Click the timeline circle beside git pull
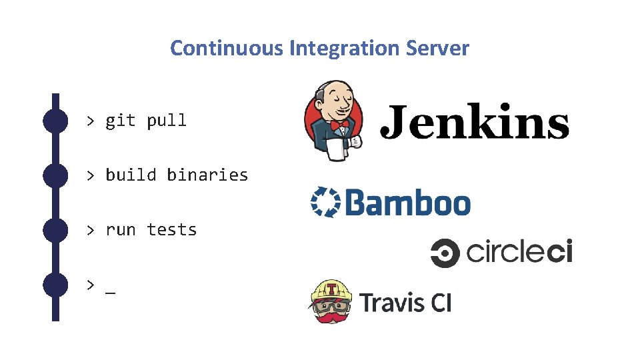click(x=55, y=121)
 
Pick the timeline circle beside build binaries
click(x=55, y=175)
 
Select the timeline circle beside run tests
click(x=55, y=230)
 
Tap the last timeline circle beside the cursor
click(x=55, y=285)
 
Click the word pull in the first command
click(x=167, y=121)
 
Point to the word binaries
click(x=207, y=175)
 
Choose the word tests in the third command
click(x=172, y=230)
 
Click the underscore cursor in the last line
click(x=110, y=292)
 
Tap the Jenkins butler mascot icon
click(x=333, y=121)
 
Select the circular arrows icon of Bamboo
click(x=325, y=202)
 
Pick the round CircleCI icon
click(x=445, y=253)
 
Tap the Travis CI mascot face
click(x=332, y=302)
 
